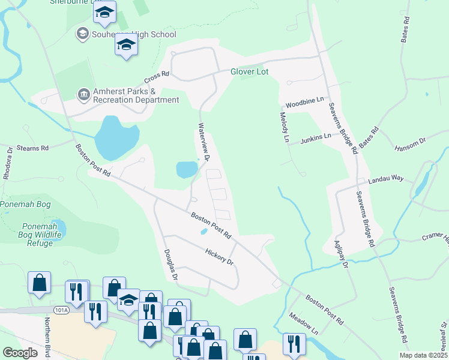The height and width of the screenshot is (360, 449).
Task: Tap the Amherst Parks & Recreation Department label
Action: coord(135,96)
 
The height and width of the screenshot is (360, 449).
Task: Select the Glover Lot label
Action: coord(249,71)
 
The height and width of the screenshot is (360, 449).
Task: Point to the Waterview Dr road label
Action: coord(202,142)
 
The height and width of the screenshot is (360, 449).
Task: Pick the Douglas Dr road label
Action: coord(170,265)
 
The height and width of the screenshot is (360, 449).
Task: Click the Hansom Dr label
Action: coord(409,143)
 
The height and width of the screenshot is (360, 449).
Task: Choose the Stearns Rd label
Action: coord(32,147)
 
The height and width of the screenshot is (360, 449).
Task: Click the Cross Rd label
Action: coord(157,79)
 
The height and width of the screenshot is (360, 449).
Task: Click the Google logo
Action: coord(20,353)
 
